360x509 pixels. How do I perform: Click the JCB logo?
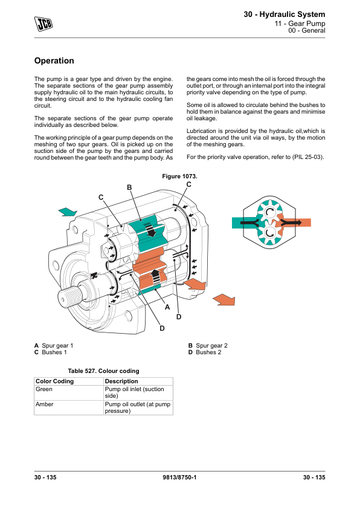coord(43,24)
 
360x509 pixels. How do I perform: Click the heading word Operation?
coord(54,60)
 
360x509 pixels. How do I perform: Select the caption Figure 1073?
coord(179,177)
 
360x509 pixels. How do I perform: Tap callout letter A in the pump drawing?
coord(167,306)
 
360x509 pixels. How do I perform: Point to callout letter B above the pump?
coord(129,187)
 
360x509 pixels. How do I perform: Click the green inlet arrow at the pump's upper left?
coord(68,212)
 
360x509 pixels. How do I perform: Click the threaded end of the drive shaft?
coord(68,296)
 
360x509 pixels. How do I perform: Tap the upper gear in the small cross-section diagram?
coord(269,212)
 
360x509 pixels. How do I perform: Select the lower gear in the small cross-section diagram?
coord(270,232)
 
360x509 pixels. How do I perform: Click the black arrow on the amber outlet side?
coord(291,222)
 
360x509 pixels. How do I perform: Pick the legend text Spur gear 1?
coord(57,345)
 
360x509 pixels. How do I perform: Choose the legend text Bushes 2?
coord(208,352)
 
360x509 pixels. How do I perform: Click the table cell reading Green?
coord(43,389)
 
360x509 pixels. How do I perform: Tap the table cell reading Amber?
coord(45,404)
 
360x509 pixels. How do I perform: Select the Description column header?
coord(121,381)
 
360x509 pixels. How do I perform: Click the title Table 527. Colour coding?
coord(103,371)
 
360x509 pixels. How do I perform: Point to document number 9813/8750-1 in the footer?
coord(179,477)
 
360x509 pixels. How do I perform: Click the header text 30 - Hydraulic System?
coord(284,15)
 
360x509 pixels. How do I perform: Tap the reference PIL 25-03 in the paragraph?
coord(307,157)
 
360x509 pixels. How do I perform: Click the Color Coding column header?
coord(54,381)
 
